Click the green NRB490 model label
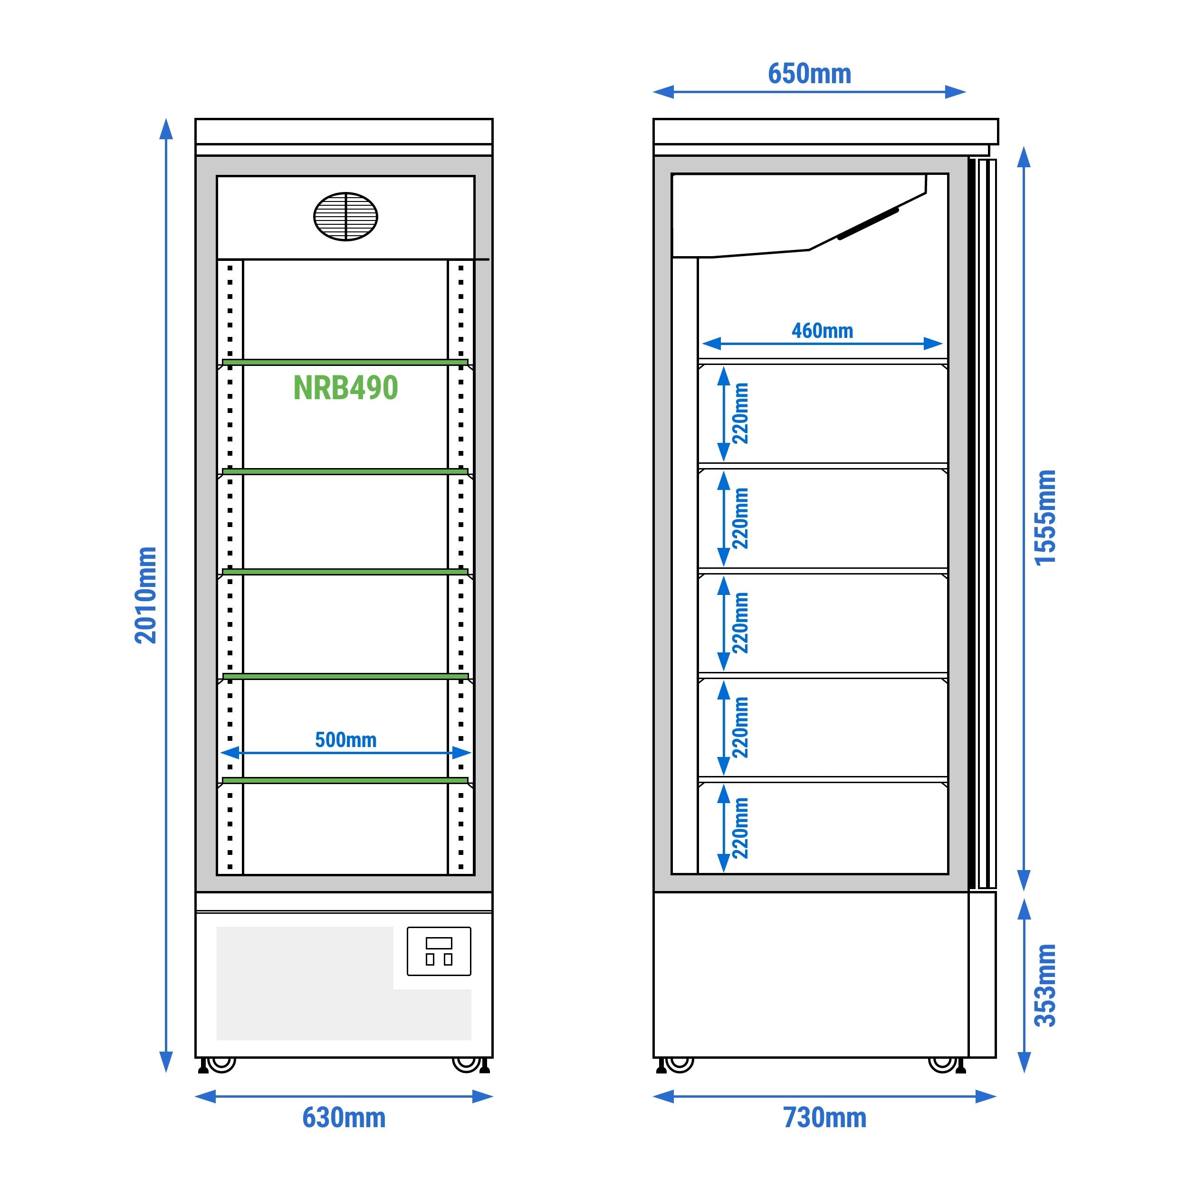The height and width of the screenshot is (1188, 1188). click(345, 388)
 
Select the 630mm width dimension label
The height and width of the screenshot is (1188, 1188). click(344, 1117)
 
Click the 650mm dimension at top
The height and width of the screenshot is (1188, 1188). click(809, 74)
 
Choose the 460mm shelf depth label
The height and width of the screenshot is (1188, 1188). click(822, 331)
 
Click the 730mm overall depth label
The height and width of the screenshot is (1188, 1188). click(824, 1117)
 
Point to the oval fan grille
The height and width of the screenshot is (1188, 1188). click(345, 216)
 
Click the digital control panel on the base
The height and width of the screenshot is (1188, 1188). click(439, 951)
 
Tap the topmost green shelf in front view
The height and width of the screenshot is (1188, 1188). click(345, 362)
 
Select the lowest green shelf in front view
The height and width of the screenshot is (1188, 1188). click(345, 780)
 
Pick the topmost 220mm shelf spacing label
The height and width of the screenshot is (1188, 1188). click(740, 413)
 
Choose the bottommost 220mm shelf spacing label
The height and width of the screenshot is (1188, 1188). click(740, 828)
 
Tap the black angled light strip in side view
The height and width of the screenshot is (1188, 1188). click(868, 224)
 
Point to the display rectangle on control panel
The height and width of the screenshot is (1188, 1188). click(439, 943)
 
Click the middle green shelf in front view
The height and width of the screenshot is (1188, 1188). click(345, 572)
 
